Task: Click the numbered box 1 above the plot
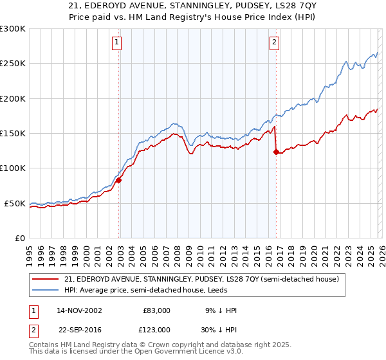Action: pyautogui.click(x=116, y=43)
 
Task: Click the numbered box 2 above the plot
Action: pyautogui.click(x=274, y=43)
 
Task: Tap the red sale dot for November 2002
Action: pyautogui.click(x=119, y=181)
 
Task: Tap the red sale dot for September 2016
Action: pyautogui.click(x=276, y=152)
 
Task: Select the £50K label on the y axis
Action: pyautogui.click(x=14, y=204)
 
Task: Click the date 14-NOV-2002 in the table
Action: pyautogui.click(x=79, y=310)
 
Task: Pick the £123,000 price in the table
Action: pyautogui.click(x=156, y=329)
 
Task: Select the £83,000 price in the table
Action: pyautogui.click(x=156, y=310)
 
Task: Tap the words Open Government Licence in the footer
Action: pyautogui.click(x=172, y=352)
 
